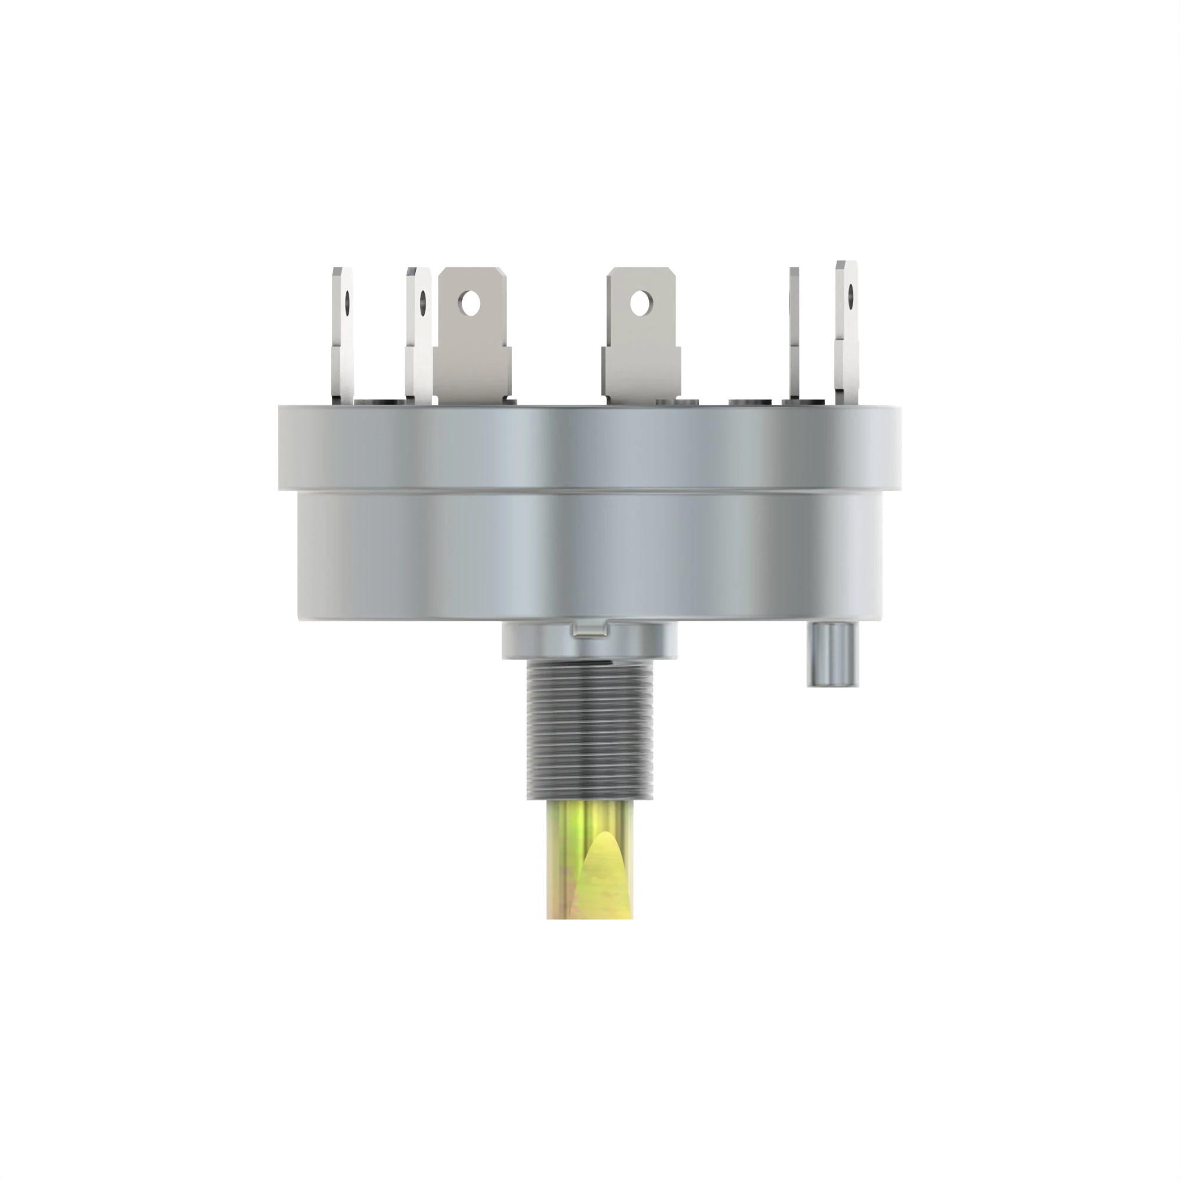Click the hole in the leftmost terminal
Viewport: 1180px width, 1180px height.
[347, 300]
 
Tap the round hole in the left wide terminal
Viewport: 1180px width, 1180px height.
[469, 302]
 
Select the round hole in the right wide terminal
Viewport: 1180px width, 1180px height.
[639, 303]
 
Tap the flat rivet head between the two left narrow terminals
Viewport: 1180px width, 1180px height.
[378, 401]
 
